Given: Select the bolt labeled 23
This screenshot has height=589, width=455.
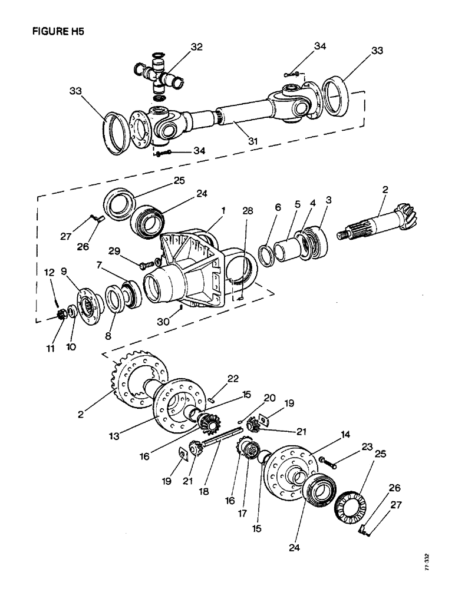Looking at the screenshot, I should (x=328, y=463).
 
